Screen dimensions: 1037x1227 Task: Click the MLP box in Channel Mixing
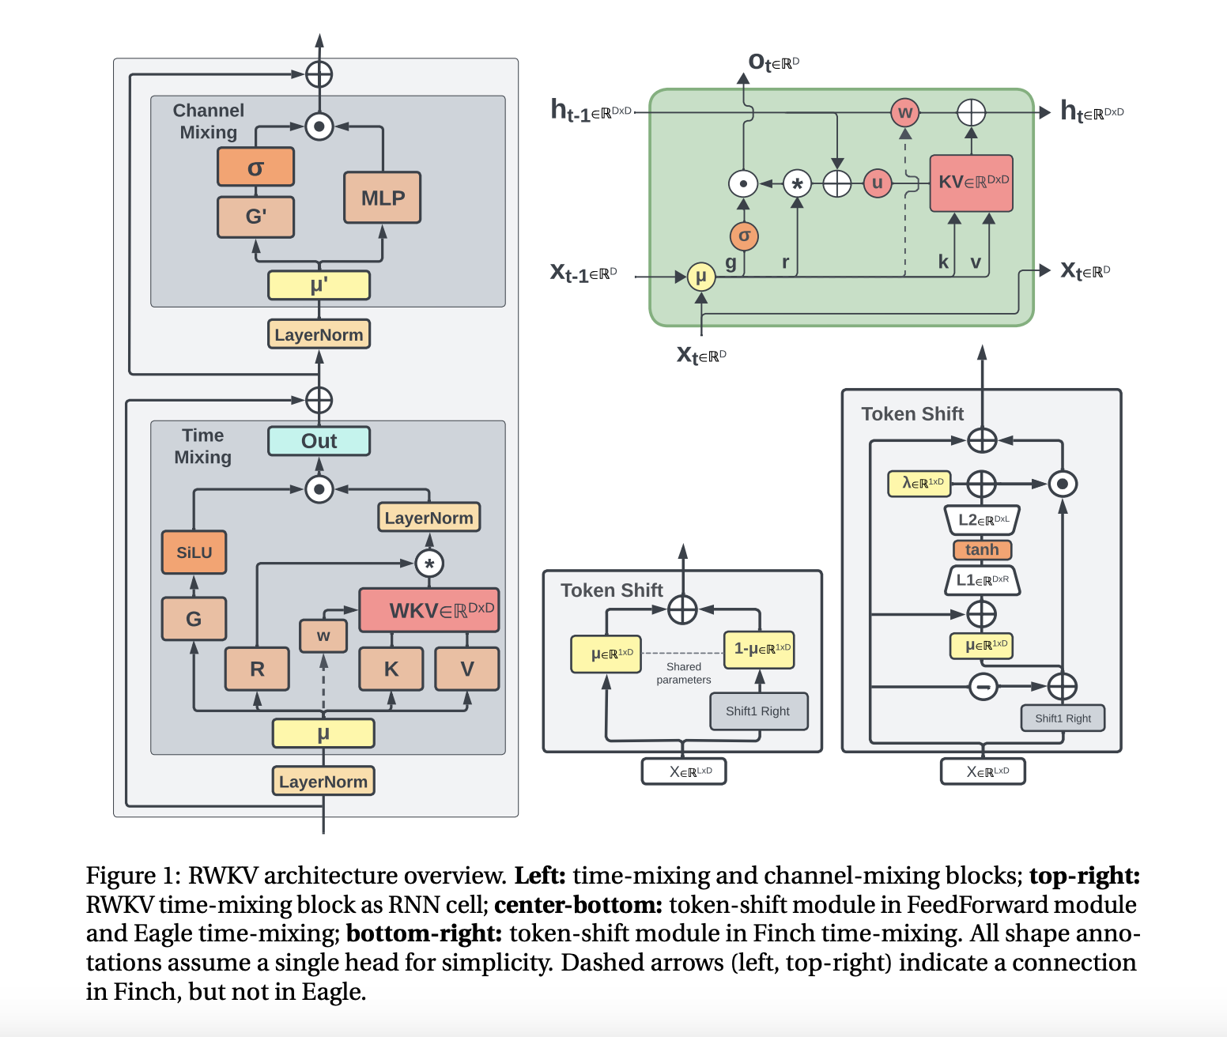click(x=382, y=198)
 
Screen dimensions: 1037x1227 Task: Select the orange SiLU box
click(x=194, y=552)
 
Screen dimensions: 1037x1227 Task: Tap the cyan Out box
click(x=319, y=441)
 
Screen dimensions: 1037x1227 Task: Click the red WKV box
click(x=429, y=610)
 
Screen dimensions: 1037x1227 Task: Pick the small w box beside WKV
click(x=323, y=635)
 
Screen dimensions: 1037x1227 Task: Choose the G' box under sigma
click(x=255, y=217)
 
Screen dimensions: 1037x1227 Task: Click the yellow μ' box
click(x=319, y=285)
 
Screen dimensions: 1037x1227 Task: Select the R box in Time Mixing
click(x=257, y=669)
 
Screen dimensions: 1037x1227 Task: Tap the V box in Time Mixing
click(x=466, y=669)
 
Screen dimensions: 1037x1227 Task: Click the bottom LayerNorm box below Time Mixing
click(x=323, y=781)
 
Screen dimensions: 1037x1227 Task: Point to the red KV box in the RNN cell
click(x=971, y=183)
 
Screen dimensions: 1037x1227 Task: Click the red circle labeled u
click(x=877, y=183)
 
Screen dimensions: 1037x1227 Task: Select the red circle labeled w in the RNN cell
click(x=905, y=112)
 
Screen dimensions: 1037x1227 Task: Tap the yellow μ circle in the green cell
click(x=700, y=277)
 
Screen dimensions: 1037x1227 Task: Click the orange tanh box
click(x=982, y=549)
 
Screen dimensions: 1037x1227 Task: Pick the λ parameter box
click(x=919, y=483)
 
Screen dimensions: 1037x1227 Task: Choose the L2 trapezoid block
click(x=982, y=519)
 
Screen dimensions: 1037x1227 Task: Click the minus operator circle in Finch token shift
click(x=983, y=686)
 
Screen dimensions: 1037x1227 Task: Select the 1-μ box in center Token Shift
click(x=759, y=649)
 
